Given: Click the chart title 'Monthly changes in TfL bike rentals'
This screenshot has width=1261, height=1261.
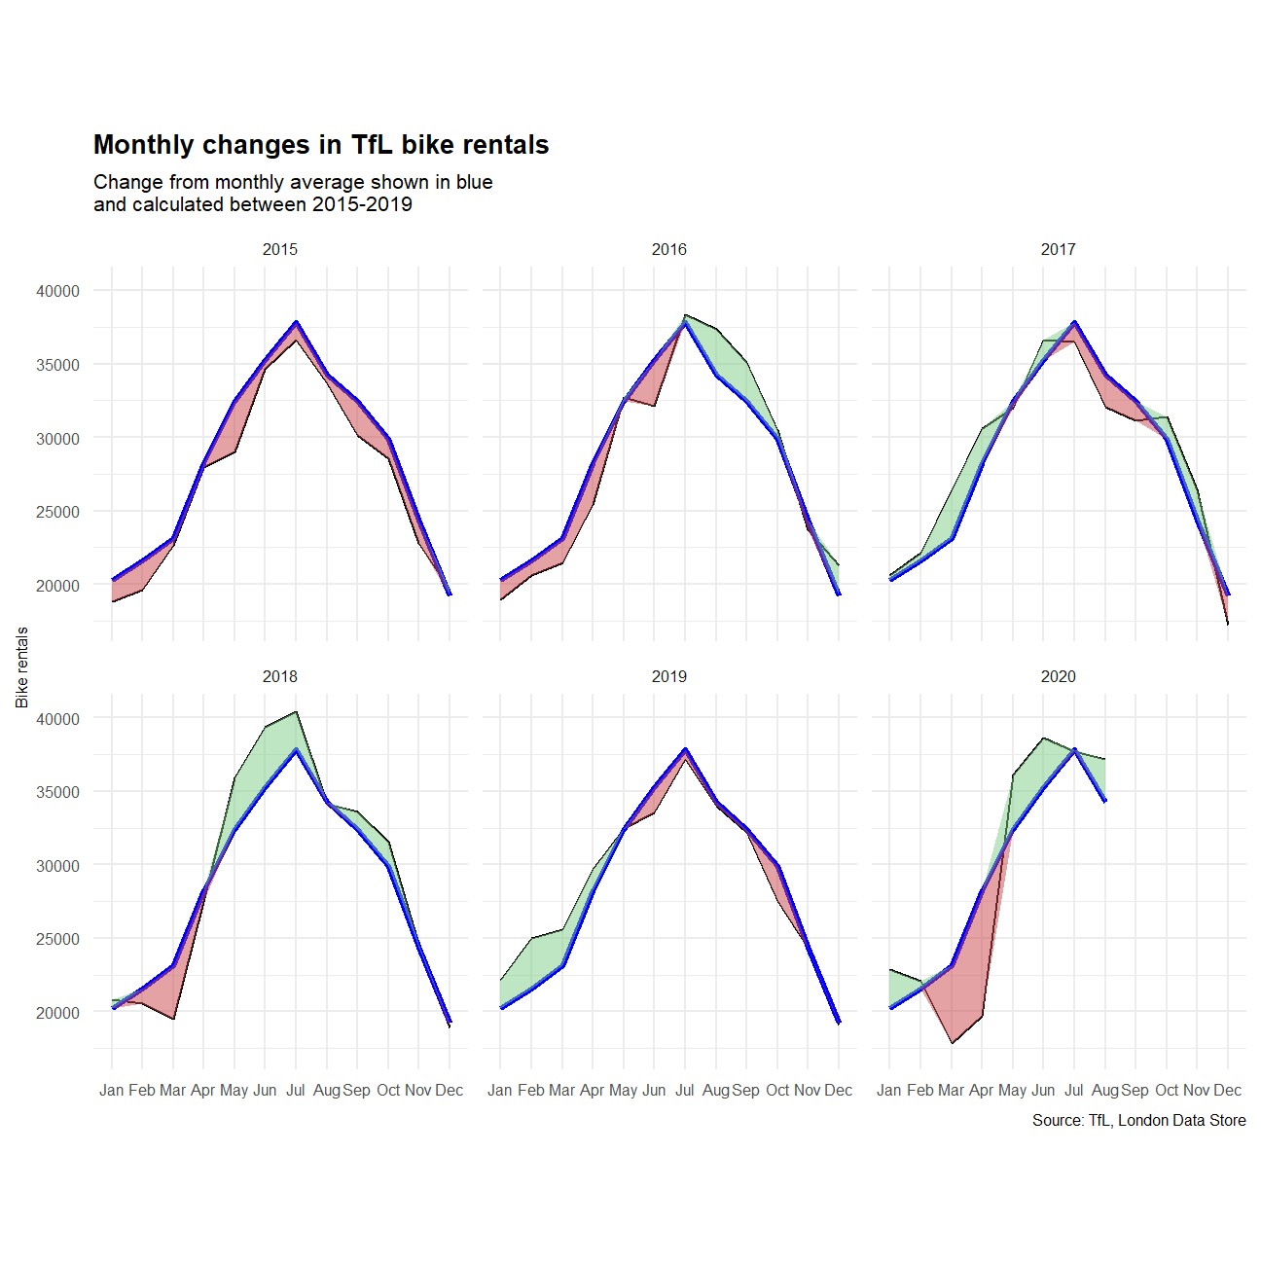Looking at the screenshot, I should tap(321, 145).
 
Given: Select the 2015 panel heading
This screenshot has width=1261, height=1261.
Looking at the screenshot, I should tap(280, 249).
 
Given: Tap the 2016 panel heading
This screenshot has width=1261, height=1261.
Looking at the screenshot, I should tap(669, 249).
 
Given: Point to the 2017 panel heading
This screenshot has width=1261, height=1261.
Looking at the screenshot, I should tap(1059, 249).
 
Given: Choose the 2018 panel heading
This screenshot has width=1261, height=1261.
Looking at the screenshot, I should tap(280, 676).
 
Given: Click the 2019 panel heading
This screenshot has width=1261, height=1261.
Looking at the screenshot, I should tap(669, 676).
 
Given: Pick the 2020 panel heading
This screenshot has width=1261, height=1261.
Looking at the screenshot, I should tap(1059, 676).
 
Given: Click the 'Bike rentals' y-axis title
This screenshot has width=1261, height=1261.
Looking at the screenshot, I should tap(22, 667).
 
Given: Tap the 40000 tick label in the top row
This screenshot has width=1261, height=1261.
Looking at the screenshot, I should tap(58, 291).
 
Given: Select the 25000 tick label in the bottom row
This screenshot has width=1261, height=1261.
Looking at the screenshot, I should tap(58, 939).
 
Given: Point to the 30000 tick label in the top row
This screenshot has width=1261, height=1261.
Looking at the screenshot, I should tap(58, 439).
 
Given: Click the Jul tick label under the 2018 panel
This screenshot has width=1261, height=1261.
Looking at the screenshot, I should tap(296, 1090).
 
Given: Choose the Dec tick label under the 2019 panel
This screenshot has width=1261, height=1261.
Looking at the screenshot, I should tap(839, 1090).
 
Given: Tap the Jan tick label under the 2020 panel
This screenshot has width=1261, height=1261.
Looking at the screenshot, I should tap(889, 1090).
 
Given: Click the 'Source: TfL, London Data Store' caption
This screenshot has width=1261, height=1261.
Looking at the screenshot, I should tap(1138, 1121).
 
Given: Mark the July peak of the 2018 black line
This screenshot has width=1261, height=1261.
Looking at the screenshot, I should tap(296, 711).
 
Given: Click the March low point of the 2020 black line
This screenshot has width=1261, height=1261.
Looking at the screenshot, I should tap(952, 1043).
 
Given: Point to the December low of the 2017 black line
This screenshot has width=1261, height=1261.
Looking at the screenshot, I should tap(1228, 624).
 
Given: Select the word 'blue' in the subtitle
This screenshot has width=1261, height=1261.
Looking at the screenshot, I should tap(474, 182).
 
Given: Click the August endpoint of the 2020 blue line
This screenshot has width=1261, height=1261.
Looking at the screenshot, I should tap(1105, 801).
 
